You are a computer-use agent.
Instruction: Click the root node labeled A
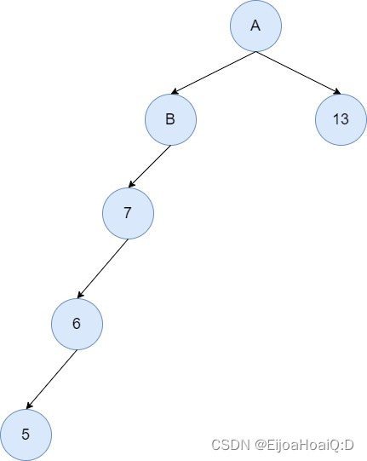pyautogui.click(x=255, y=26)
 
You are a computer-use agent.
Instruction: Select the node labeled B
pyautogui.click(x=170, y=119)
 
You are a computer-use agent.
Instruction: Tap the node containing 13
pyautogui.click(x=341, y=119)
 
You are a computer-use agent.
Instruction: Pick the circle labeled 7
pyautogui.click(x=128, y=213)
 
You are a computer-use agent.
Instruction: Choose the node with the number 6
pyautogui.click(x=77, y=324)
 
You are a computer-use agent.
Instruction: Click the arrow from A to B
pyautogui.click(x=213, y=72)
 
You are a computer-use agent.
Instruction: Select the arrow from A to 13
pyautogui.click(x=298, y=72)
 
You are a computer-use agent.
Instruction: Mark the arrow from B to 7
pyautogui.click(x=149, y=166)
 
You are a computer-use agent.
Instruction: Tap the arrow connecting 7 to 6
pyautogui.click(x=102, y=268)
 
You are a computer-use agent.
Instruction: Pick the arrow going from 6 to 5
pyautogui.click(x=51, y=379)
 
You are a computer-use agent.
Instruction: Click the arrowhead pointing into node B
pyautogui.click(x=175, y=92)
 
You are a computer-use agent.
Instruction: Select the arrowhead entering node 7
pyautogui.click(x=132, y=186)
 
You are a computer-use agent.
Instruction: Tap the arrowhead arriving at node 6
pyautogui.click(x=81, y=297)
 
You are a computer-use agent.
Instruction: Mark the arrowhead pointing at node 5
pyautogui.click(x=30, y=407)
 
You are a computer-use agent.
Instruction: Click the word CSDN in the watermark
pyautogui.click(x=227, y=445)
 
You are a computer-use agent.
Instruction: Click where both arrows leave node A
pyautogui.click(x=255, y=51)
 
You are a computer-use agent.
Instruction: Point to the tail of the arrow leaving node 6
pyautogui.click(x=76, y=349)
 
